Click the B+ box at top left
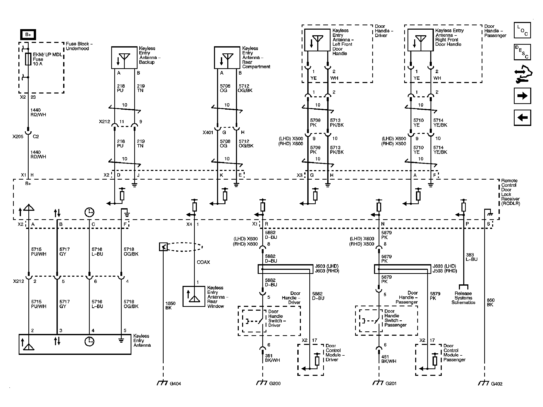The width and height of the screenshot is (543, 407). point(28,34)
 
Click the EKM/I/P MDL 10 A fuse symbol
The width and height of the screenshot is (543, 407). point(28,59)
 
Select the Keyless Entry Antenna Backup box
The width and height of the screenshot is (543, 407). point(124,57)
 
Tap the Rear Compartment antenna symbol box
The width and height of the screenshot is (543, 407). point(227,57)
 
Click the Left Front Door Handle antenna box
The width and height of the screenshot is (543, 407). point(317,40)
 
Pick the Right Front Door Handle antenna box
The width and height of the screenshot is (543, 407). point(420,40)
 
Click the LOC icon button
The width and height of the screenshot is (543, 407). point(522,30)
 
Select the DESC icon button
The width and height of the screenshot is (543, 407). point(522,52)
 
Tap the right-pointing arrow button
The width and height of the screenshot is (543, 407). point(522,96)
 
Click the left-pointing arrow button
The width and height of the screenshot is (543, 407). point(522,118)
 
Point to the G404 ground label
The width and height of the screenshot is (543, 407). point(175,383)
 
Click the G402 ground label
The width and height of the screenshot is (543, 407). point(497,383)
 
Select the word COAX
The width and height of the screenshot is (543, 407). point(203,262)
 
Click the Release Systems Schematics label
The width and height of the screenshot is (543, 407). point(463,298)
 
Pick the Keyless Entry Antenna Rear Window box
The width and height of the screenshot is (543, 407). point(194,296)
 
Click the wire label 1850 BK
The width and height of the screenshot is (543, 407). point(170,306)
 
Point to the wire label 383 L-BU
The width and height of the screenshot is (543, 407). point(471,257)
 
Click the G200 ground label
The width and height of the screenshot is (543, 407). point(275,383)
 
